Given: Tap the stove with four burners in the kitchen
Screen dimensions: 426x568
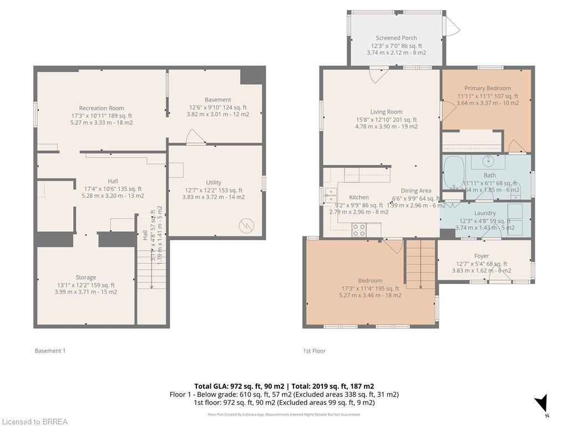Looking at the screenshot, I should point(359,230).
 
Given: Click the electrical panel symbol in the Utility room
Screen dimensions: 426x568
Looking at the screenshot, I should point(245,226).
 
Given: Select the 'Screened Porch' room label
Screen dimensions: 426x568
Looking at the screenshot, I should point(396,38).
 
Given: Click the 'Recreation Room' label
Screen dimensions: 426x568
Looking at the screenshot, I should point(102,108).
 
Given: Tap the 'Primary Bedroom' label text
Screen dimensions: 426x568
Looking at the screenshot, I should point(488,88).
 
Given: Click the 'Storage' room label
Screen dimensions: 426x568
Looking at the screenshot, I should point(85,277).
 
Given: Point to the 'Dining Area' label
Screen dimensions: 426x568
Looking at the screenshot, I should point(415,191).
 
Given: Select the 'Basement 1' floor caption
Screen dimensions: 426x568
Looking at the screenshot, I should point(50,351).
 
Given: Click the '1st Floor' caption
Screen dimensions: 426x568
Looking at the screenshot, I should point(314,351).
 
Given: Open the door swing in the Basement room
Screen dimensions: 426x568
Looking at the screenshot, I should point(195,137).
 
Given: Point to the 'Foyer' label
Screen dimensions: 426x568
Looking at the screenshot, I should point(481,256).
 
